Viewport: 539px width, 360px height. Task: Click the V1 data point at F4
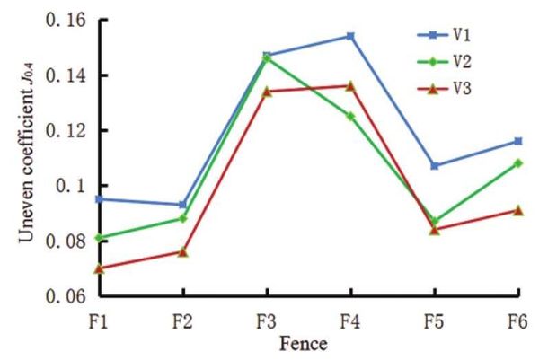pos(350,36)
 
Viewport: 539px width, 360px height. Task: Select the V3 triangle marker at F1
pos(100,268)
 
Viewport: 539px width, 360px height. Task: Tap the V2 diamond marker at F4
pos(350,116)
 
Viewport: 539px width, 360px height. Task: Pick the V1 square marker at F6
pos(517,141)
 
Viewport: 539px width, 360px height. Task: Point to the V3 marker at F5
pos(434,229)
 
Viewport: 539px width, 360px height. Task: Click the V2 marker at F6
pos(517,163)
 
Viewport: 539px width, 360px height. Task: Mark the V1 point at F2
pos(183,205)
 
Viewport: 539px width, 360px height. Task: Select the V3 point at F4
pos(350,86)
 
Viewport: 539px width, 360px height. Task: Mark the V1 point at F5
pos(434,166)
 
